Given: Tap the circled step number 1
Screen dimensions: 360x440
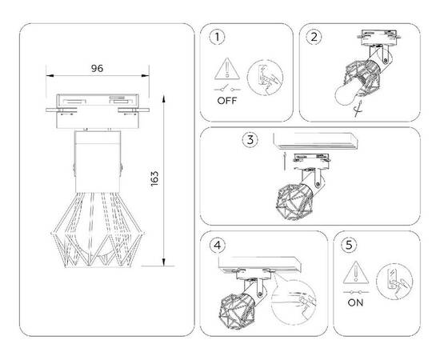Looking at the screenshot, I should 214,37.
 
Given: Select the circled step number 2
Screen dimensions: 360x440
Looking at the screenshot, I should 314,37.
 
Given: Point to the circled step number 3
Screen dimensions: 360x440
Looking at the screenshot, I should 251,140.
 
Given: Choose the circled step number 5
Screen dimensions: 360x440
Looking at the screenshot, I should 346,246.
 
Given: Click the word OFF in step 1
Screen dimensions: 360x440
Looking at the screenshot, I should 226,102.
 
